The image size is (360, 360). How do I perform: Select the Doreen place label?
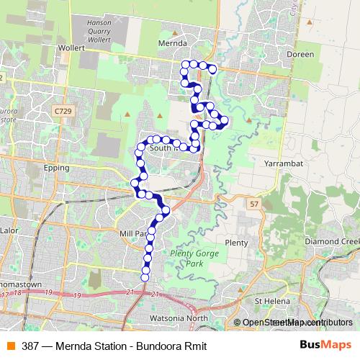300,54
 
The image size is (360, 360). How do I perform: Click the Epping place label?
56,168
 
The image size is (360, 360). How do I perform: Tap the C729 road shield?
63,112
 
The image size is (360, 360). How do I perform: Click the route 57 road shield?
254,204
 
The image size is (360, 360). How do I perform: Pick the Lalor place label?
10,231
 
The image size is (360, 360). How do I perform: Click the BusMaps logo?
325,345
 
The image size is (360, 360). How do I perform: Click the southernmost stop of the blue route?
145,276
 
